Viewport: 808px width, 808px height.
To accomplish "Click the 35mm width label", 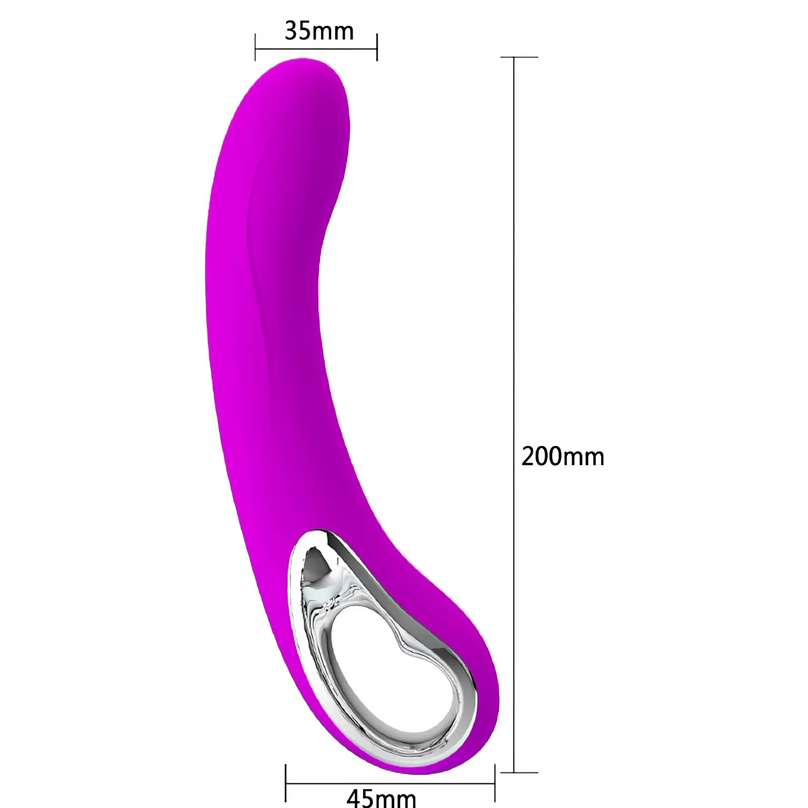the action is point(319,31).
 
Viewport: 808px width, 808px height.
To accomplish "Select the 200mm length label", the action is point(563,456).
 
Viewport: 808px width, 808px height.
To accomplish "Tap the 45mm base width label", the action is point(381,797).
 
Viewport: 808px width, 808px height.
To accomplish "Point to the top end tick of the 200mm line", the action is point(519,57).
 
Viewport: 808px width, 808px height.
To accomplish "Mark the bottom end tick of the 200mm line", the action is point(519,772).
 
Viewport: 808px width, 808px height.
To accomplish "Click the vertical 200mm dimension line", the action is point(515,414).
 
